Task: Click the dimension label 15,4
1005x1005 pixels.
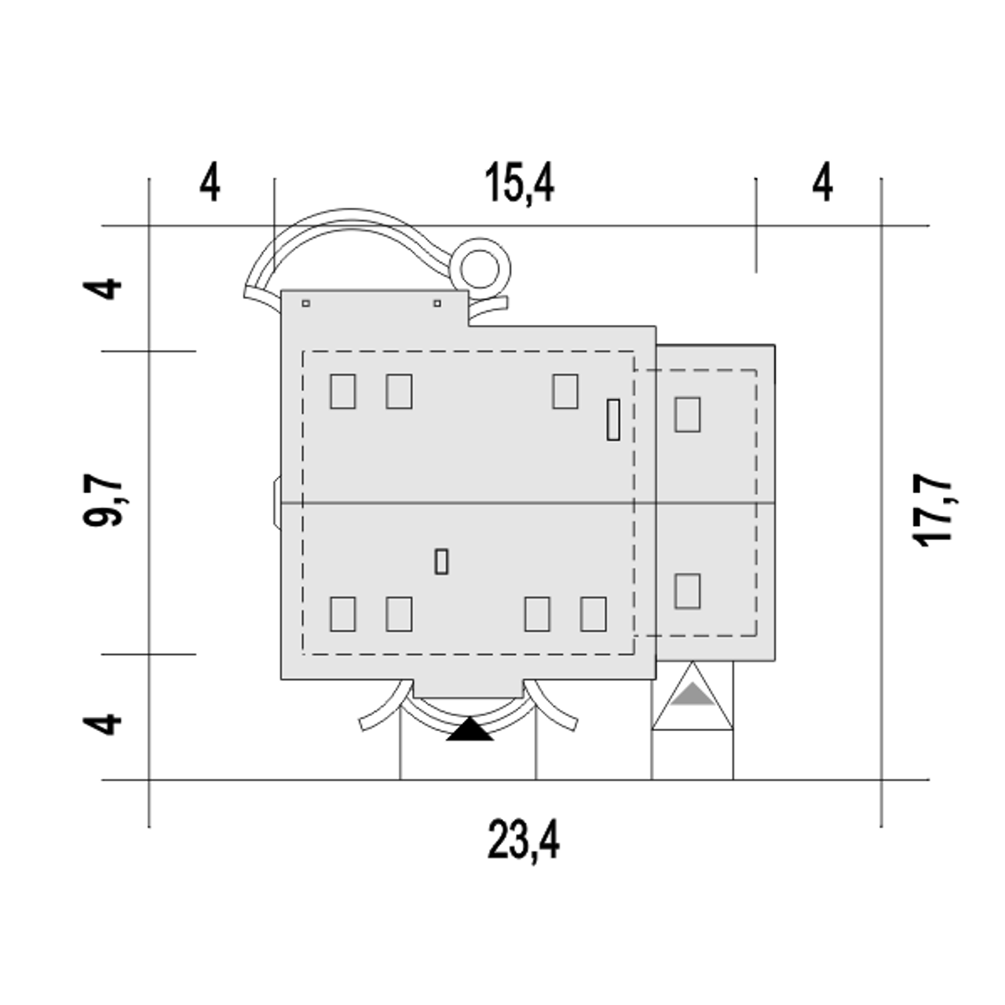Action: point(520,184)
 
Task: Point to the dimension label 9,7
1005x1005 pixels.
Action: point(103,501)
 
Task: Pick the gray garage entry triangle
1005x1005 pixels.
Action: point(693,693)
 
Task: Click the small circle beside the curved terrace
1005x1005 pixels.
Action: point(480,269)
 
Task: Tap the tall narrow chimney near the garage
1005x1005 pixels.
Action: point(613,420)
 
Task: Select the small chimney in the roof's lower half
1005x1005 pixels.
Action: point(441,561)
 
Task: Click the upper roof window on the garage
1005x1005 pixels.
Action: point(687,415)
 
